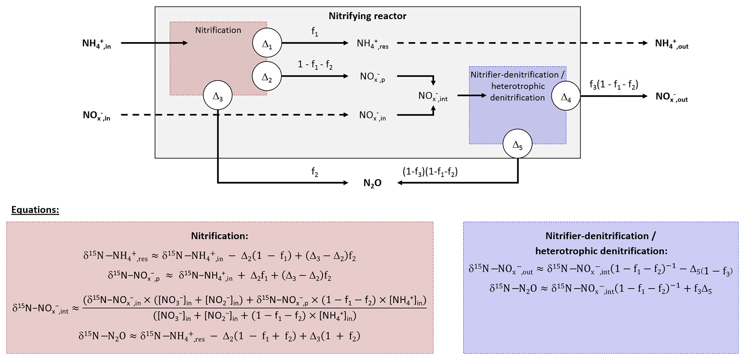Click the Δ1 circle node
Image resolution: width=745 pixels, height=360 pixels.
click(267, 43)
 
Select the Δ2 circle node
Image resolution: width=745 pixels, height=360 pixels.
click(267, 76)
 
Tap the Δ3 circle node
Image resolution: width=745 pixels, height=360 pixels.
click(218, 95)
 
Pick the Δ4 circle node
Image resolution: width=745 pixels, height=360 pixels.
click(566, 96)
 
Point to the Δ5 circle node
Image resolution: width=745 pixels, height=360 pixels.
click(518, 144)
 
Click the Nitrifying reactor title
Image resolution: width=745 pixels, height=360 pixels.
click(367, 16)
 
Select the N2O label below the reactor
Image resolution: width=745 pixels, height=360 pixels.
click(372, 183)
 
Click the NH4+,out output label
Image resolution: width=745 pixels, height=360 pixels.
click(671, 44)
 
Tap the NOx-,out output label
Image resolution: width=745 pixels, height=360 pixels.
click(671, 97)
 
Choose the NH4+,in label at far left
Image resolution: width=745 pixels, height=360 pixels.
click(97, 44)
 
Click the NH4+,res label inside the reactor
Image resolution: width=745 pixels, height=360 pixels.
click(372, 44)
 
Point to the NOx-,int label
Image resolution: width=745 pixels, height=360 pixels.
click(433, 96)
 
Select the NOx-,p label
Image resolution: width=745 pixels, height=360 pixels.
click(372, 77)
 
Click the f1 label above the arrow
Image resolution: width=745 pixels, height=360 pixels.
click(315, 32)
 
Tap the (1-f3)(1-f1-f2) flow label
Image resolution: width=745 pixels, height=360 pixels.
click(430, 172)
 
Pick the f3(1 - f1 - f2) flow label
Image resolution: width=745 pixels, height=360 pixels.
click(613, 85)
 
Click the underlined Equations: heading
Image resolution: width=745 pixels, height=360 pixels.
click(35, 210)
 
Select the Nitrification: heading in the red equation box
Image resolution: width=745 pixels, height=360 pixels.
click(219, 236)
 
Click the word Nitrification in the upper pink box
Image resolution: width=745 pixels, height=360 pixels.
click(218, 30)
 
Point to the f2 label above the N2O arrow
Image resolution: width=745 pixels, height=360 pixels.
click(315, 172)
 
